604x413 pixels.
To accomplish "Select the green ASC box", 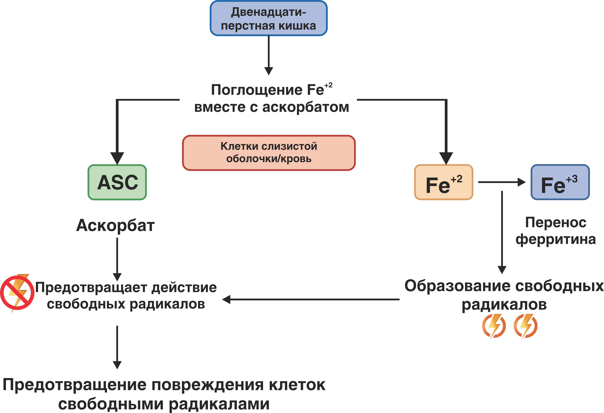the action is [117, 182].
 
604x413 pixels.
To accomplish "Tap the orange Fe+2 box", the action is [444, 182].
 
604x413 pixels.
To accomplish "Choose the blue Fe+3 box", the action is [560, 182].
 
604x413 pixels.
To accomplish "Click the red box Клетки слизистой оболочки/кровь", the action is [269, 153].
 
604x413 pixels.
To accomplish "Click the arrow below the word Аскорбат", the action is [117, 259].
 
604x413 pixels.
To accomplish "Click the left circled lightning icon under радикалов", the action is [494, 326].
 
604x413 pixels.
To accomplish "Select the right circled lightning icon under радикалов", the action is [526, 326].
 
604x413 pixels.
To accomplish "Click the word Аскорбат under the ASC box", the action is [115, 225].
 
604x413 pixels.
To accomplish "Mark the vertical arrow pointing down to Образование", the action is [502, 232].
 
